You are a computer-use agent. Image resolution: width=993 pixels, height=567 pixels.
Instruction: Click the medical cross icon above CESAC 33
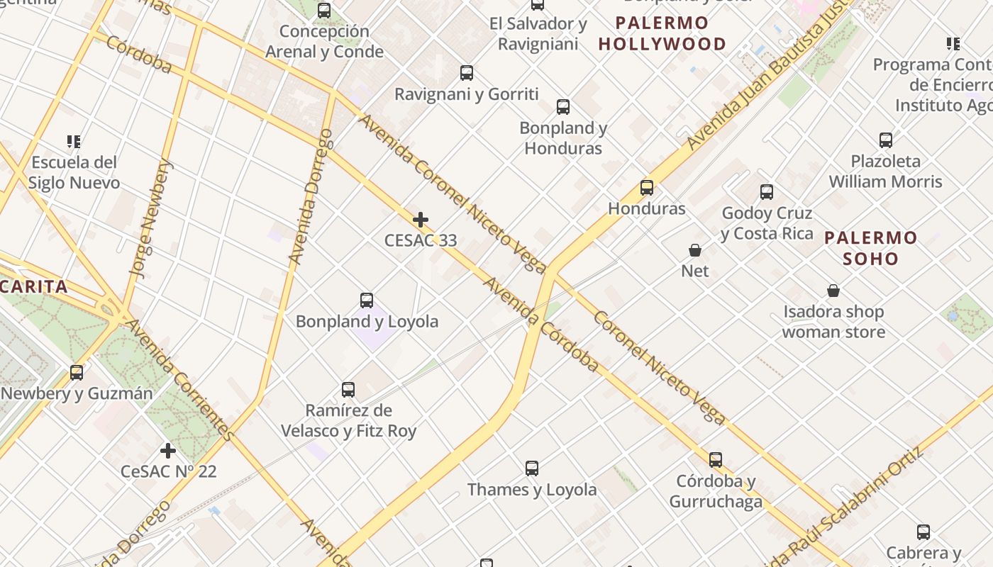[421, 220]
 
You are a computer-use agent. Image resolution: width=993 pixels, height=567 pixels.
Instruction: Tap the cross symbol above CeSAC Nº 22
[168, 451]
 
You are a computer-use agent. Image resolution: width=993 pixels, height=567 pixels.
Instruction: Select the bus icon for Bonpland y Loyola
[367, 301]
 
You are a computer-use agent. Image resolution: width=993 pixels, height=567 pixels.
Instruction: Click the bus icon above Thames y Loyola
[532, 468]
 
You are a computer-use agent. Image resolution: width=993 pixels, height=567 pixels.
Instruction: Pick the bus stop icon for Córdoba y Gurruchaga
[716, 460]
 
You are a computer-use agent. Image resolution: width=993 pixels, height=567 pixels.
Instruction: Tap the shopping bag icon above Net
[695, 250]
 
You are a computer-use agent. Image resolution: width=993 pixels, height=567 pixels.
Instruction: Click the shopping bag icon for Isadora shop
[833, 291]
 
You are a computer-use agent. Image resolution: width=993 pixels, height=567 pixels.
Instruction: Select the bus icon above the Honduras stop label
[647, 188]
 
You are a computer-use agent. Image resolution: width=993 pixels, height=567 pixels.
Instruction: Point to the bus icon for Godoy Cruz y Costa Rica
[767, 192]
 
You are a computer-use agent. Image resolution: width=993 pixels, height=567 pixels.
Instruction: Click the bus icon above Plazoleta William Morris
[886, 140]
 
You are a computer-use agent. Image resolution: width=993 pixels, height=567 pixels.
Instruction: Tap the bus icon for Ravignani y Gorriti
[467, 73]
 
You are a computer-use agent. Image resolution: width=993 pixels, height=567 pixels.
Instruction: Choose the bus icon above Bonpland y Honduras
[563, 107]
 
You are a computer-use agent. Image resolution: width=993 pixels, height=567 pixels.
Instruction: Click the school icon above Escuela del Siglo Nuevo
[74, 142]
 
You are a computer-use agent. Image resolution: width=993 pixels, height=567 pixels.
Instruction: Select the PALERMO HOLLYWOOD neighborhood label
[662, 33]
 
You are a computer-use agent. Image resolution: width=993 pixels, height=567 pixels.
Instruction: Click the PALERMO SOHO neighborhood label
[871, 247]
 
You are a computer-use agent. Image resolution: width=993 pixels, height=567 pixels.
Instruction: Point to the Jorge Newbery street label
[150, 217]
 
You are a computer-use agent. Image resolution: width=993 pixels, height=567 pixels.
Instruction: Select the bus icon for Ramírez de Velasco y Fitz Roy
[348, 390]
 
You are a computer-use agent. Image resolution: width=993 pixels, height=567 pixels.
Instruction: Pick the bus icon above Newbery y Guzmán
[77, 373]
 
